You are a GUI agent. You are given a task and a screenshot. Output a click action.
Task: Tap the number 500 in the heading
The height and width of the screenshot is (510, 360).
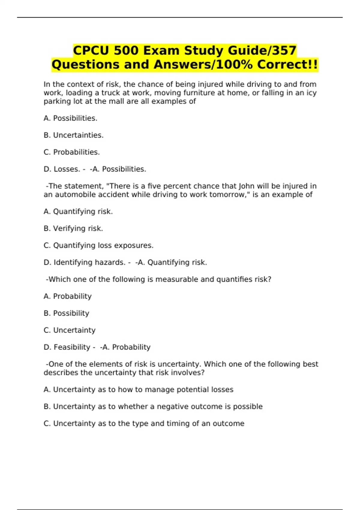pyautogui.click(x=126, y=50)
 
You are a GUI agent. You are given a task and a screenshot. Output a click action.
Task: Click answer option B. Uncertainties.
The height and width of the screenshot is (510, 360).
pyautogui.click(x=73, y=135)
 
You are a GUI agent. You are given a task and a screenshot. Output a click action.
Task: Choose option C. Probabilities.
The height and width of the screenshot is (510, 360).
pyautogui.click(x=72, y=152)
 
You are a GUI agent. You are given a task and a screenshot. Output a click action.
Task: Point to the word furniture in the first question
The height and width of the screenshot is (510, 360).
pyautogui.click(x=198, y=93)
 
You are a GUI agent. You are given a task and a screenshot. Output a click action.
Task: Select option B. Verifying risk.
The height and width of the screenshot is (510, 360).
pyautogui.click(x=73, y=229)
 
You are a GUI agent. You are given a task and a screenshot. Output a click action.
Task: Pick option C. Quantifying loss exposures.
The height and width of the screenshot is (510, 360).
pyautogui.click(x=98, y=245)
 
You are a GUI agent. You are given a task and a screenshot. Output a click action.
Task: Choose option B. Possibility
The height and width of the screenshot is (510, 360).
pyautogui.click(x=66, y=313)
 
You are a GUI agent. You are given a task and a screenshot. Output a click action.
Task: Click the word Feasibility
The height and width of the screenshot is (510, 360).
pyautogui.click(x=72, y=347)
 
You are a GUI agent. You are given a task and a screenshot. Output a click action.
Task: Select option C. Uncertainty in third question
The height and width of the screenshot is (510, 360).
pyautogui.click(x=69, y=330)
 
